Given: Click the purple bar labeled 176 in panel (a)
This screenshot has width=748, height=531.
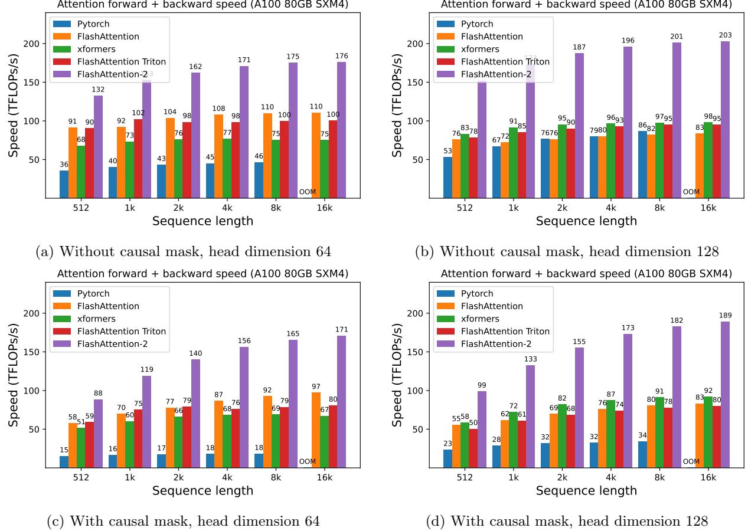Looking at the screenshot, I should [341, 130].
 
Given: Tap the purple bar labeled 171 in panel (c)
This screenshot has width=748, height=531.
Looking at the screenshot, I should [341, 401].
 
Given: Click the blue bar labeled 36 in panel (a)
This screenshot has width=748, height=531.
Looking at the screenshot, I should [64, 184].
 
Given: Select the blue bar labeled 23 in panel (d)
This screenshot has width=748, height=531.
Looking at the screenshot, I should [448, 458].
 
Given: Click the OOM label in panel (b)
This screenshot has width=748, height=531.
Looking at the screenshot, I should [691, 192].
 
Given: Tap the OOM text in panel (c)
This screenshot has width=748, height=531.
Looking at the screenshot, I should [308, 461].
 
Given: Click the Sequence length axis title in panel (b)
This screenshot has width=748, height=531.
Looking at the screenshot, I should [586, 221].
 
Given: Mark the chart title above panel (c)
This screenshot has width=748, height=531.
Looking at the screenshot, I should [202, 273].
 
